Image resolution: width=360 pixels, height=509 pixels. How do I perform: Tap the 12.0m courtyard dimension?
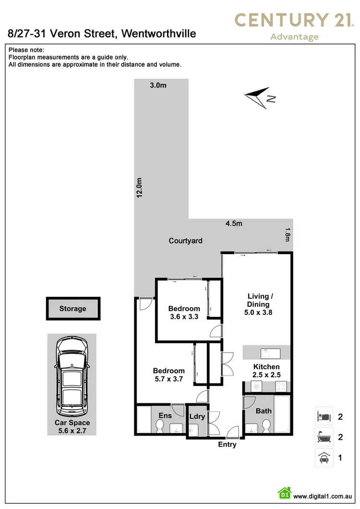pyautogui.click(x=139, y=187)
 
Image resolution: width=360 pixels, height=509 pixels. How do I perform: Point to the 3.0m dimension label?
pyautogui.click(x=158, y=85)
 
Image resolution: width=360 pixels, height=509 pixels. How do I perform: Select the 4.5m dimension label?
pyautogui.click(x=234, y=223)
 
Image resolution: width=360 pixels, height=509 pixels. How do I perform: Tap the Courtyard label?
pyautogui.click(x=185, y=241)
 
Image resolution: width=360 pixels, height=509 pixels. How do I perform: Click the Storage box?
pyautogui.click(x=73, y=309)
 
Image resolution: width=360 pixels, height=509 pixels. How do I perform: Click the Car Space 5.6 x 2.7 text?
pyautogui.click(x=72, y=426)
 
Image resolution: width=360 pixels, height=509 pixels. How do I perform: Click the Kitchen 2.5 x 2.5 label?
pyautogui.click(x=266, y=371)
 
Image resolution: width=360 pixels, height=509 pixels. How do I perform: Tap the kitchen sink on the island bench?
pyautogui.click(x=267, y=353)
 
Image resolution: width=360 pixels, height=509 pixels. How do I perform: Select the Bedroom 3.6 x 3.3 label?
pyautogui.click(x=184, y=313)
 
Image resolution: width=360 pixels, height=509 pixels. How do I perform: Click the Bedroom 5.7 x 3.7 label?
pyautogui.click(x=168, y=375)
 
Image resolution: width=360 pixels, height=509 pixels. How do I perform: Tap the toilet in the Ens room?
pyautogui.click(x=160, y=424)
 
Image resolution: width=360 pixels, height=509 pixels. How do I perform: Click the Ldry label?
pyautogui.click(x=197, y=416)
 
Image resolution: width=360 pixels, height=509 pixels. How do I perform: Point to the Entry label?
pyautogui.click(x=227, y=445)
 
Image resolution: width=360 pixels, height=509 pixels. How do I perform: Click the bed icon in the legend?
pyautogui.click(x=324, y=416)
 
